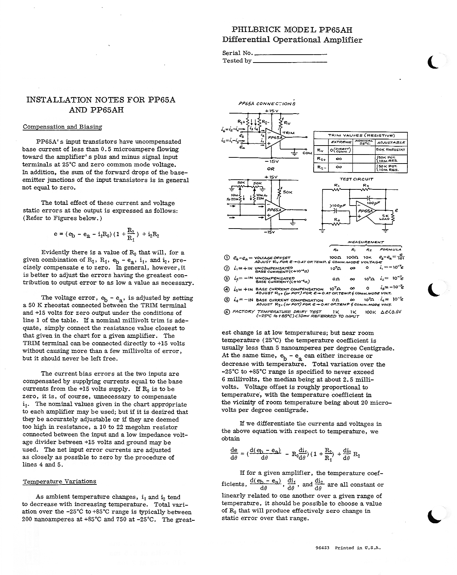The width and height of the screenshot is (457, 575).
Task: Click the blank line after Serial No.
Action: (290, 54)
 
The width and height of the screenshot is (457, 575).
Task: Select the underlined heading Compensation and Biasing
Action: (63, 127)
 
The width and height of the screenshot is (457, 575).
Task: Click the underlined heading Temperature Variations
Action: (60, 482)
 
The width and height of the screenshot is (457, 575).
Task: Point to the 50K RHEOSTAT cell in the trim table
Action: (391, 149)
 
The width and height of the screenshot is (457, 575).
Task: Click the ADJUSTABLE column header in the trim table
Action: (391, 142)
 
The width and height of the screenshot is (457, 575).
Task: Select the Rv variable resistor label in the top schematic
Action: (287, 123)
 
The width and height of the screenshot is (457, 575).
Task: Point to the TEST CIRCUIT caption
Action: (356, 179)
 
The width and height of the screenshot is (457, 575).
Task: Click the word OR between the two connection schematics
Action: (271, 169)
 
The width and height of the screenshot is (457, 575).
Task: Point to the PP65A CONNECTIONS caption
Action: (267, 104)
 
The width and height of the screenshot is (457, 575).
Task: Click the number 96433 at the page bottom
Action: (322, 548)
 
